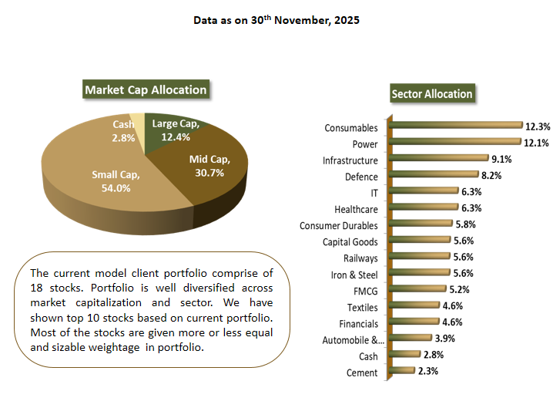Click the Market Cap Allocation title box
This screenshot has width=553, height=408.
click(146, 89)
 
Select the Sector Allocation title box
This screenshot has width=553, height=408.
click(431, 93)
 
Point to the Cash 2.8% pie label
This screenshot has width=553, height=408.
click(123, 131)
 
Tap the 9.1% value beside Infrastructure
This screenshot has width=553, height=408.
click(501, 159)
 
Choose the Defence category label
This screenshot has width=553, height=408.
click(361, 177)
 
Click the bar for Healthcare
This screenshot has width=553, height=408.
click(424, 208)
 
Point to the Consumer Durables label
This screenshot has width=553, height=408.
click(339, 225)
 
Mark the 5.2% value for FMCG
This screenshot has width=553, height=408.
click(458, 289)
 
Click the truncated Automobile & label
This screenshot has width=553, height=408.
click(350, 340)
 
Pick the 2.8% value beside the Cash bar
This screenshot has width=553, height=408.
click(432, 355)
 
